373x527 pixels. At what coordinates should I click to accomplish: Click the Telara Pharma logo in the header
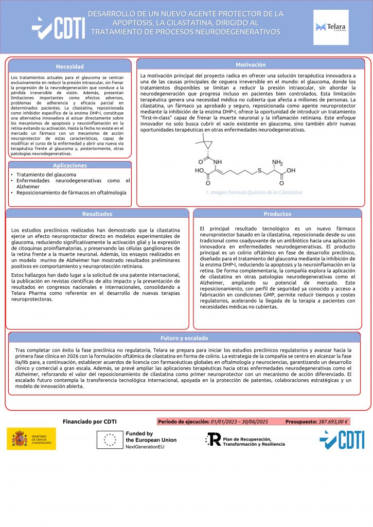(331, 27)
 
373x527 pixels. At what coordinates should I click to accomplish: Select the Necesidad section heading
(70, 66)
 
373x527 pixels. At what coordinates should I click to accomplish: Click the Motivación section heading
(251, 65)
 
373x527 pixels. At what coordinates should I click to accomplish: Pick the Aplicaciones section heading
(70, 165)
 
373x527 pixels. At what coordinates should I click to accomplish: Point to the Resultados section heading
(97, 214)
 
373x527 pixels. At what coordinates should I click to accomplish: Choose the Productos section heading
(277, 214)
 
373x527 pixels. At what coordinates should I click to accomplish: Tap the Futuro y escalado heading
(184, 338)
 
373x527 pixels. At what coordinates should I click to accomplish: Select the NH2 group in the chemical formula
(278, 162)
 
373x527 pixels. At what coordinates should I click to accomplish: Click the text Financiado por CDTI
(90, 421)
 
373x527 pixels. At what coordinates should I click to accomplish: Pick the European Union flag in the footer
(110, 440)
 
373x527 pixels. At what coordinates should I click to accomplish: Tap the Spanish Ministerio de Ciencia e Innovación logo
(31, 439)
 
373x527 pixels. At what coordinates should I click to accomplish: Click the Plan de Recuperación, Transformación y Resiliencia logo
(245, 440)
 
